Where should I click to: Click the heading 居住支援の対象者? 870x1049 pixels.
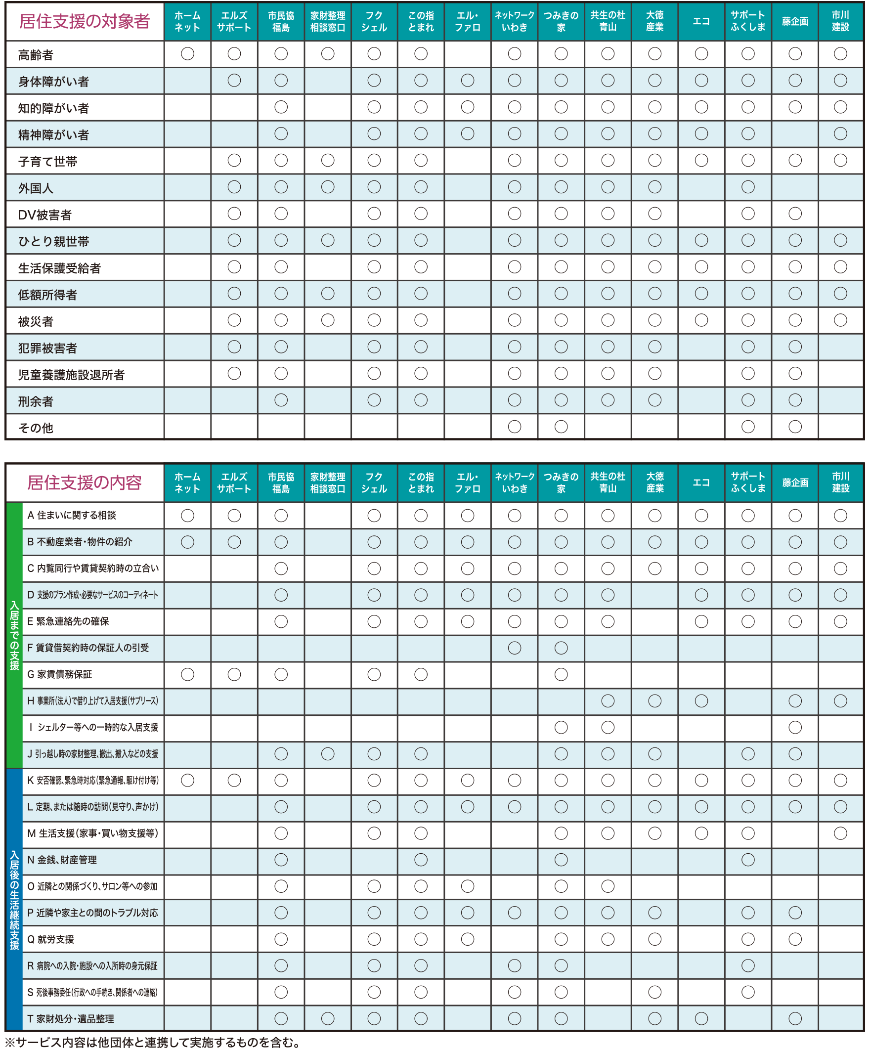[x=85, y=21]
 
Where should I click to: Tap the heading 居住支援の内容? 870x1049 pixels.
[x=85, y=482]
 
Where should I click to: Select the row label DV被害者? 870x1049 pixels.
[x=45, y=215]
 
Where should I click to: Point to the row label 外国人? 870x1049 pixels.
[x=36, y=188]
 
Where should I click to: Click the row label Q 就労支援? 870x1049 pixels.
[x=50, y=939]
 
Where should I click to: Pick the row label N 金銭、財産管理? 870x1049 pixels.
[x=62, y=860]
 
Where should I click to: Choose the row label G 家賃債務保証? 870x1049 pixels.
[x=59, y=674]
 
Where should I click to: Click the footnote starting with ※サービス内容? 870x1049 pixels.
[x=152, y=1042]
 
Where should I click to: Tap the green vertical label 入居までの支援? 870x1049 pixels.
[x=14, y=635]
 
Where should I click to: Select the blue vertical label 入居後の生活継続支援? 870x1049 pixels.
[x=14, y=899]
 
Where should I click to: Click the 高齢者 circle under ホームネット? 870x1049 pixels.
[x=187, y=54]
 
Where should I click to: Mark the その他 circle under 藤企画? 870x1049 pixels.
[x=794, y=427]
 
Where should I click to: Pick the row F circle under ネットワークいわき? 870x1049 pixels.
[x=515, y=648]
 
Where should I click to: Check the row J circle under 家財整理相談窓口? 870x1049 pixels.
[x=328, y=754]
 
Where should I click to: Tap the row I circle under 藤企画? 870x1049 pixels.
[x=794, y=727]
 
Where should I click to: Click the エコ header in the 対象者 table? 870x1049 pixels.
[x=701, y=21]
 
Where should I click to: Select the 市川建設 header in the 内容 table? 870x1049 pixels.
[x=840, y=482]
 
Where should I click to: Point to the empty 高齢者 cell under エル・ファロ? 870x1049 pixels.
[x=468, y=54]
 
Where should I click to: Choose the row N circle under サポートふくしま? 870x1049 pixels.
[x=747, y=860]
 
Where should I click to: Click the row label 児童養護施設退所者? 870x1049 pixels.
[x=71, y=375]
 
